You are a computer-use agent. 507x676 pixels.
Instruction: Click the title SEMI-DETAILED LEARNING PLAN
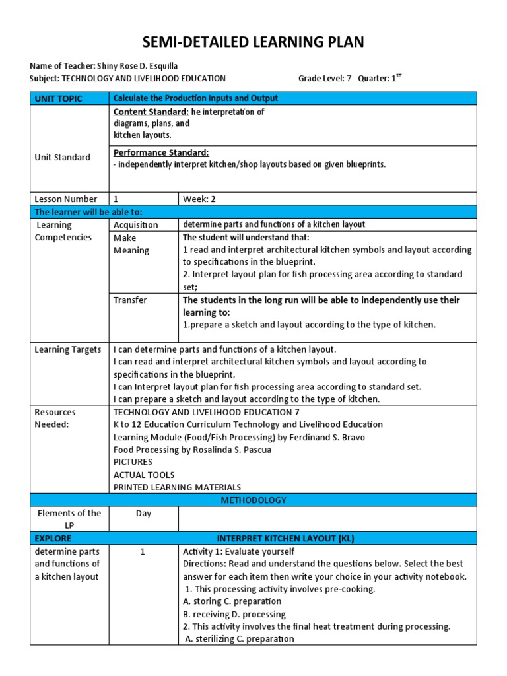253,43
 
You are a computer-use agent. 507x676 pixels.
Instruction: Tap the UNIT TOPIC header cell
59,98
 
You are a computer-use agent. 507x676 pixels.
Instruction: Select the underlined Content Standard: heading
151,112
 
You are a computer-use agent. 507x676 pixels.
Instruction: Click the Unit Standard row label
63,157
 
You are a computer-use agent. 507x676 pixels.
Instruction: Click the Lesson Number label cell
65,199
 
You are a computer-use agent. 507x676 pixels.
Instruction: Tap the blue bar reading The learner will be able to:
88,211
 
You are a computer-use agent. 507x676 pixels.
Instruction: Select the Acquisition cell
136,224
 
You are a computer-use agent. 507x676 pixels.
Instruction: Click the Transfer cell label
130,300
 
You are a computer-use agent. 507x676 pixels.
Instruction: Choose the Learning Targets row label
68,349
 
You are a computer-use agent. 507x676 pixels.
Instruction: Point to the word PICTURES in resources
133,462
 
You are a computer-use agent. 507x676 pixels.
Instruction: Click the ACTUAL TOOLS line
144,475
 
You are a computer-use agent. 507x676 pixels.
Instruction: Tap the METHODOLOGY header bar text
253,500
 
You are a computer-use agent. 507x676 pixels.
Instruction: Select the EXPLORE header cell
53,538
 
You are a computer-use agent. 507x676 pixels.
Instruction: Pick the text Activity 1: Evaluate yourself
238,551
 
